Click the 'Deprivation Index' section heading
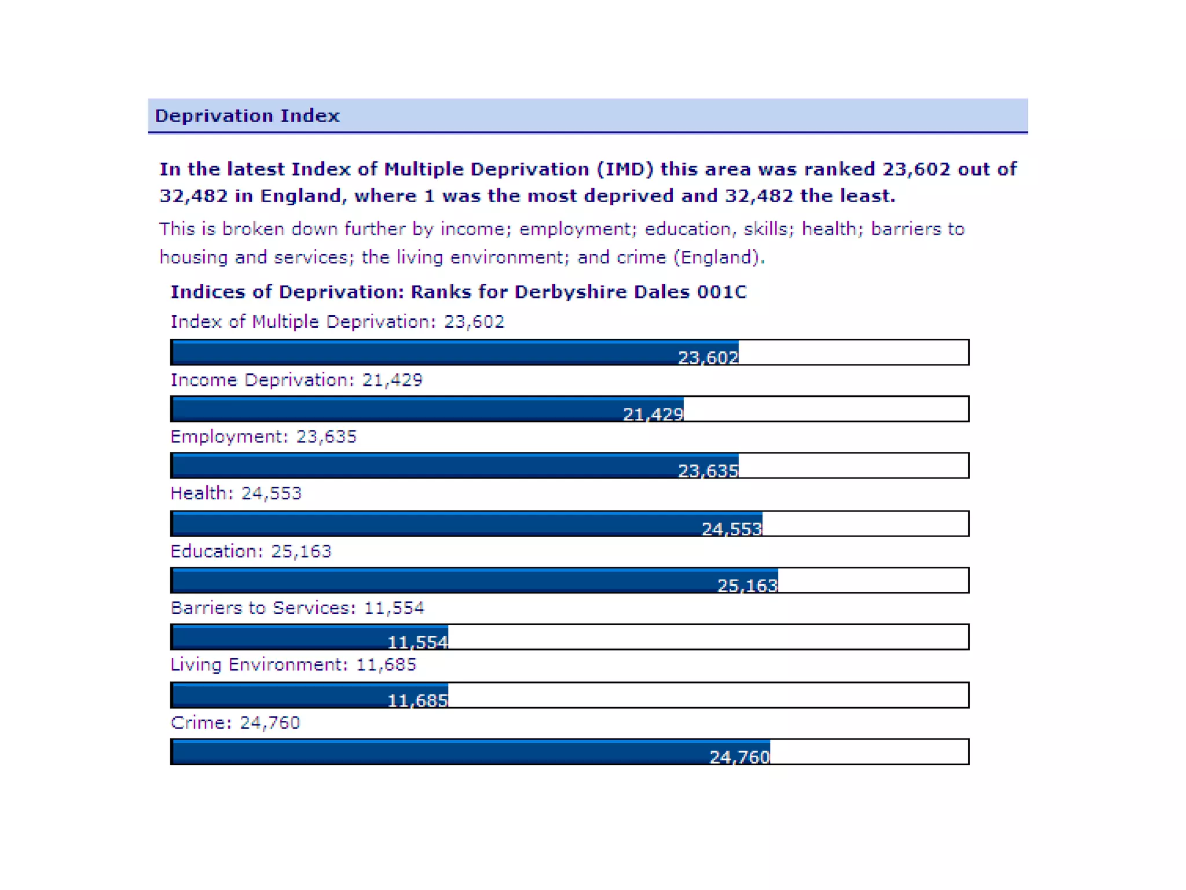point(247,116)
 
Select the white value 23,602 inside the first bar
point(708,358)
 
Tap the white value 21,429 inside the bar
point(653,414)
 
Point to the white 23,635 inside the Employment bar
point(708,470)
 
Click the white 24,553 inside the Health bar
point(731,529)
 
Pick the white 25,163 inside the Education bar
point(747,586)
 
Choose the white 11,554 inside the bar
point(417,643)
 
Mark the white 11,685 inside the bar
point(417,701)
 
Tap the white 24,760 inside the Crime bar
point(740,757)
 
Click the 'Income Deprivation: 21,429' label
point(296,380)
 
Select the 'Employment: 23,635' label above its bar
point(263,436)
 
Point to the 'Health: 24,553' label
point(236,493)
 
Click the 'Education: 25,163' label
point(251,551)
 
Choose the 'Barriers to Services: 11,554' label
point(297,608)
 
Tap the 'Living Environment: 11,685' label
point(293,665)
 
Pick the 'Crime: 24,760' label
point(235,723)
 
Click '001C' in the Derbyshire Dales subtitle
point(722,291)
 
